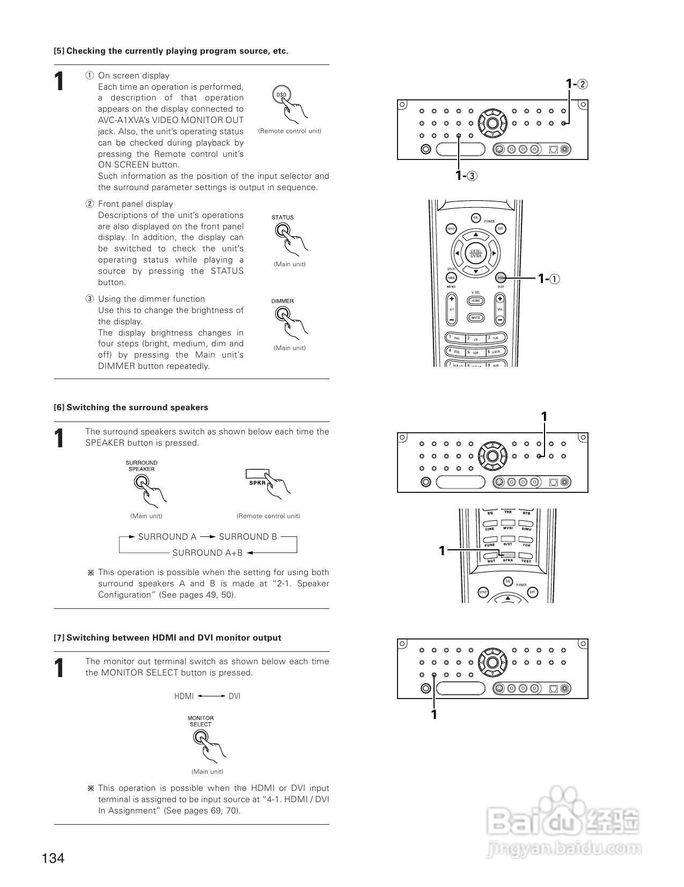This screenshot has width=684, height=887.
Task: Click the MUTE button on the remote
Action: click(475, 317)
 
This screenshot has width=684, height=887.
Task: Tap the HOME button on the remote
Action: click(475, 301)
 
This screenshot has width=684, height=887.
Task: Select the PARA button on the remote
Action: click(451, 278)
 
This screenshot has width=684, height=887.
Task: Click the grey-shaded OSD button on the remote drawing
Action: click(500, 278)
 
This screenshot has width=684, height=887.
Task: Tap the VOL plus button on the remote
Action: click(499, 299)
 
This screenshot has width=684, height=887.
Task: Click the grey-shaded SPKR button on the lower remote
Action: click(508, 555)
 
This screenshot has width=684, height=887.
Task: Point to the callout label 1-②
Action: click(577, 84)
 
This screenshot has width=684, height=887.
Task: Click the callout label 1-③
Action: click(466, 175)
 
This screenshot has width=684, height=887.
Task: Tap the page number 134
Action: click(53, 858)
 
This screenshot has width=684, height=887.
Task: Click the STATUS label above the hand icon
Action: click(282, 217)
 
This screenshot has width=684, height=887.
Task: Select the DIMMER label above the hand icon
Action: click(282, 301)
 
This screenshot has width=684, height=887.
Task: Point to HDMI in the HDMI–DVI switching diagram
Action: click(184, 696)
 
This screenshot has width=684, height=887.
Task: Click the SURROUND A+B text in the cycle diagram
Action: click(208, 552)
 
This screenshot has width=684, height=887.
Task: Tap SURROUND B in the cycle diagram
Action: click(248, 537)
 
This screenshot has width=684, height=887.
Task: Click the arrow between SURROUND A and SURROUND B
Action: click(208, 537)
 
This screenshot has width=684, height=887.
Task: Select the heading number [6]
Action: click(59, 408)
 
